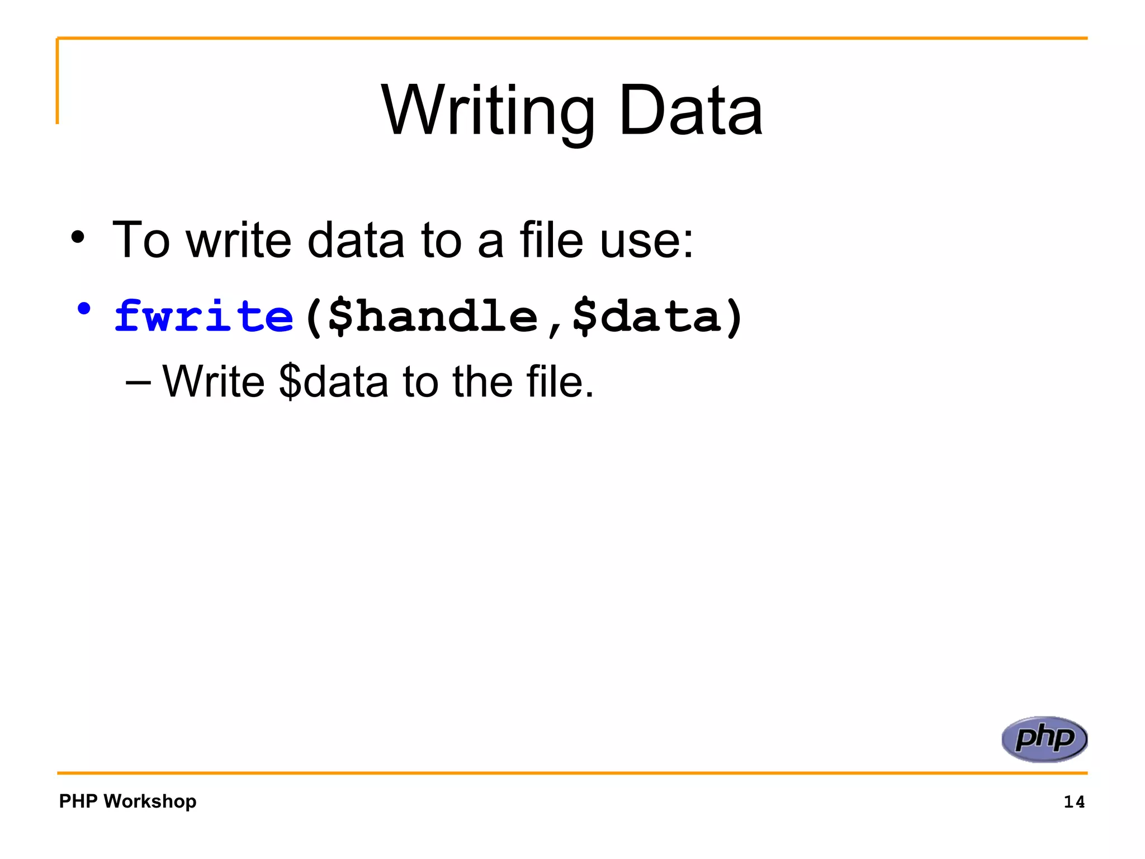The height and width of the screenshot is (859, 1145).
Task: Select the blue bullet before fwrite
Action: (84, 309)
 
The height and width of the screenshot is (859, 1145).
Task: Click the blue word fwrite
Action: (204, 317)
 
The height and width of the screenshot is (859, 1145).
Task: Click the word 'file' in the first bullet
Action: (551, 240)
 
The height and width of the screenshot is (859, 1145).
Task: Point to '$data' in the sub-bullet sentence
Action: (333, 382)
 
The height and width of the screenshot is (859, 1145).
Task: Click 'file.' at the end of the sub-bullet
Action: (560, 382)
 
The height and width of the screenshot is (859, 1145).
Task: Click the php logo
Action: (1044, 739)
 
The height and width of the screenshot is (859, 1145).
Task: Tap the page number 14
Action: (1073, 802)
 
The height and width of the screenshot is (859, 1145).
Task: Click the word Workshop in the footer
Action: (150, 801)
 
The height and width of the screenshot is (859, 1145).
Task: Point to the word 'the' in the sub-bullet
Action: (482, 382)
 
